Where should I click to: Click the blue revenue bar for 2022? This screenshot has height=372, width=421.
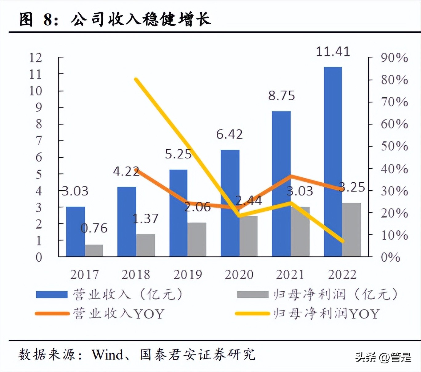pyautogui.click(x=333, y=162)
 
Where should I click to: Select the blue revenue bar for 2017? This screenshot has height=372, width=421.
pyautogui.click(x=75, y=232)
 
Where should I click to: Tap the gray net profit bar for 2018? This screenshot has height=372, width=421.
pyautogui.click(x=146, y=245)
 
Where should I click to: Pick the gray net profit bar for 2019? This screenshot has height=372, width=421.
pyautogui.click(x=197, y=240)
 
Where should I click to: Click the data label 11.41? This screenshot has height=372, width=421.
pyautogui.click(x=333, y=51)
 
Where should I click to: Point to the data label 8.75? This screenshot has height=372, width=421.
pyautogui.click(x=281, y=96)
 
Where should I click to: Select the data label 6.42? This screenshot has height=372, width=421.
pyautogui.click(x=229, y=135)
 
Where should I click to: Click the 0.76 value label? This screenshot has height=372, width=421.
pyautogui.click(x=94, y=228)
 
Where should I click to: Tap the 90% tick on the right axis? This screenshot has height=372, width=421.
pyautogui.click(x=394, y=58)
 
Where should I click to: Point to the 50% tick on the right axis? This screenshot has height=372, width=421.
pyautogui.click(x=394, y=146)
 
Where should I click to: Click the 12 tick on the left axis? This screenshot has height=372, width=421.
pyautogui.click(x=35, y=58)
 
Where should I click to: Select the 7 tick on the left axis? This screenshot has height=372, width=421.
pyautogui.click(x=39, y=141)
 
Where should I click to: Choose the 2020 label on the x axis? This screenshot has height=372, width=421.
pyautogui.click(x=239, y=274)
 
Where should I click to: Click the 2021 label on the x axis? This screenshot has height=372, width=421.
pyautogui.click(x=290, y=274)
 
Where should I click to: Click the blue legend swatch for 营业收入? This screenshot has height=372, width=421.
pyautogui.click(x=52, y=295)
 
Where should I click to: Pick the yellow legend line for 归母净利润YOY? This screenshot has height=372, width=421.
pyautogui.click(x=252, y=314)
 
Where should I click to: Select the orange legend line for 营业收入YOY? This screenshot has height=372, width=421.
pyautogui.click(x=52, y=314)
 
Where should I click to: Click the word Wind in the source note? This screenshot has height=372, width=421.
pyautogui.click(x=107, y=355)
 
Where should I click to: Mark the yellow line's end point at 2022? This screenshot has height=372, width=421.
pyautogui.click(x=342, y=241)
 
